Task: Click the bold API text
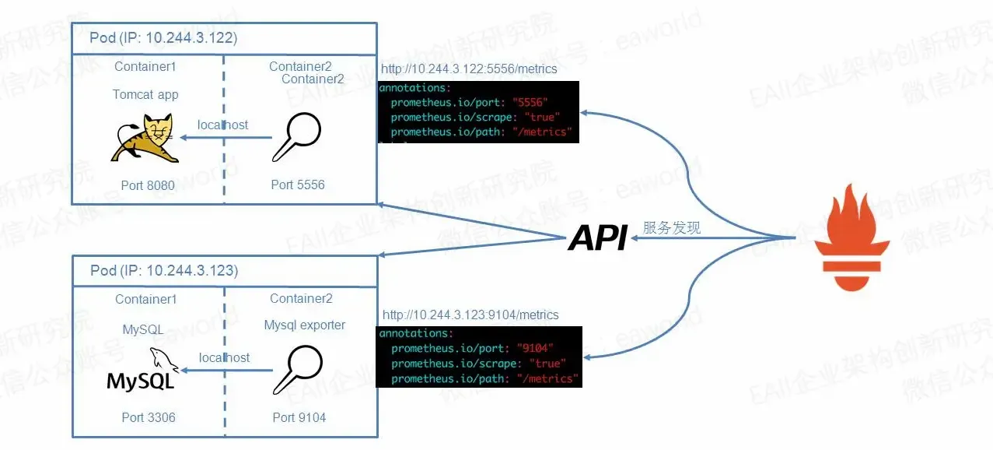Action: [x=597, y=238]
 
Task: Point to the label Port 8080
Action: [x=148, y=185]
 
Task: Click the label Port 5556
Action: [x=298, y=185]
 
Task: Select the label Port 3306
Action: [x=149, y=417]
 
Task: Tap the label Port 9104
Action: [x=299, y=417]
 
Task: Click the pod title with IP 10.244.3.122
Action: [x=164, y=37]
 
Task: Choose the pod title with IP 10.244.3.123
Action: [x=164, y=270]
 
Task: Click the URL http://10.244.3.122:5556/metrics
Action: [x=469, y=69]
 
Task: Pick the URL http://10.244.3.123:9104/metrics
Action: [x=470, y=315]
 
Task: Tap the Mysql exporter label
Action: [x=305, y=325]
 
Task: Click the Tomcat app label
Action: [x=145, y=94]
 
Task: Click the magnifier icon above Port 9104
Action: [x=299, y=369]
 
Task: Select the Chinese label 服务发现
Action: [x=672, y=227]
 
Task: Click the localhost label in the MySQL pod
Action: [x=225, y=357]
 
